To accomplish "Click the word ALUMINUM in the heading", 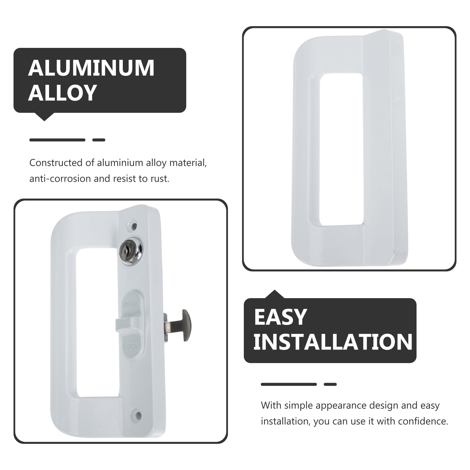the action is pyautogui.click(x=91, y=68).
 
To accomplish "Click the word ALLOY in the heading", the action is pyautogui.click(x=63, y=93).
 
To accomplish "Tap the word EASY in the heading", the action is pyautogui.click(x=280, y=317).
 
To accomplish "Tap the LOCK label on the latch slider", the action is pyautogui.click(x=131, y=346).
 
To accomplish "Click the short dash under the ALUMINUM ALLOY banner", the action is pyautogui.click(x=99, y=140).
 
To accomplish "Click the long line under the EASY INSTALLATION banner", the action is pyautogui.click(x=289, y=384).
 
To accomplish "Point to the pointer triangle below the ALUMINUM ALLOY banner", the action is pyautogui.click(x=44, y=117).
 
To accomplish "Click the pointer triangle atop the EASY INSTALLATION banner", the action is pyautogui.click(x=275, y=294).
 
